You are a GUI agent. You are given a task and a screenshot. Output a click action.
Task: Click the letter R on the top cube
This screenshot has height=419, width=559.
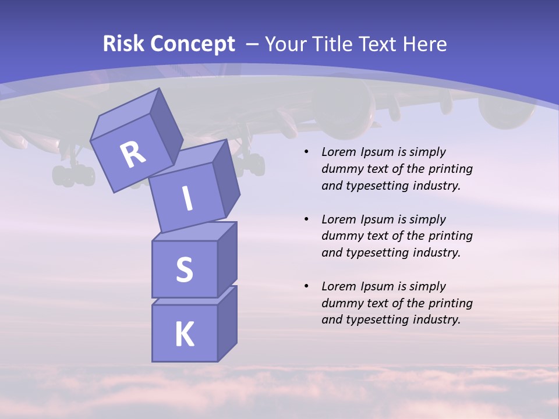tap(133, 155)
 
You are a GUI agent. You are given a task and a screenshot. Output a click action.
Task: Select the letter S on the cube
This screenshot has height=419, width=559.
tap(184, 269)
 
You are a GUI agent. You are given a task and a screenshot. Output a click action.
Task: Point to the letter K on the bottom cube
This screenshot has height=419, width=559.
tap(184, 335)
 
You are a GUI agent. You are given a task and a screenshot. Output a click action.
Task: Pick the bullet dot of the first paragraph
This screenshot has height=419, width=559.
tap(306, 152)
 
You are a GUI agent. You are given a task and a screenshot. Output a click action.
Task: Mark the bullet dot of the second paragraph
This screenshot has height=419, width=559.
tap(306, 219)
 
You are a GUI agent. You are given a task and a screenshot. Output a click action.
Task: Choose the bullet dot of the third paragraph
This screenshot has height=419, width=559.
tap(306, 286)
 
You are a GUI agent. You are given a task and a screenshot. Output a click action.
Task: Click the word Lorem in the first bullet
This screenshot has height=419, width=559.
tap(338, 152)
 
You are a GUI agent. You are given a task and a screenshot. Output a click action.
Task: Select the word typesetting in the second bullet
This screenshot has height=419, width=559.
tap(378, 253)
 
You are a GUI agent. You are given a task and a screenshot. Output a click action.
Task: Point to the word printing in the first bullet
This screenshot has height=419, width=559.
tap(451, 169)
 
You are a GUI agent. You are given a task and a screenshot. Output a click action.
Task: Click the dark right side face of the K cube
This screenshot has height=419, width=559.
tap(227, 325)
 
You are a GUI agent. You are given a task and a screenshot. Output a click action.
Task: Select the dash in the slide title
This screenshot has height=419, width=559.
tap(253, 44)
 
